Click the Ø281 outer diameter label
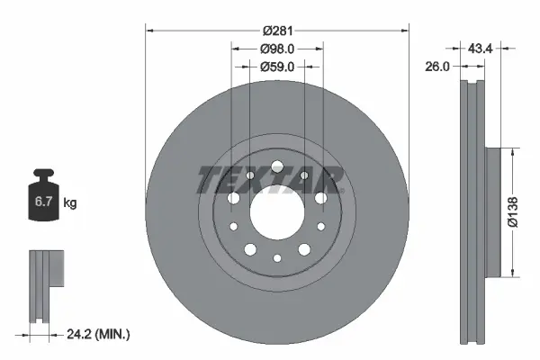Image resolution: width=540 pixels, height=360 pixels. coord(277,31)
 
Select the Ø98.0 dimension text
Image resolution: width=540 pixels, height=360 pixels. coord(278,49)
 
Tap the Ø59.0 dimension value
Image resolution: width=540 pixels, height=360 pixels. coord(278,66)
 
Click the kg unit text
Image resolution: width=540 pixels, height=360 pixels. coord(70,203)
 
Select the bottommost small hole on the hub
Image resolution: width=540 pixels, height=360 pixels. coord(277,258)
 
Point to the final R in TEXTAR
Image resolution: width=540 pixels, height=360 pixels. coord(329,181)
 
